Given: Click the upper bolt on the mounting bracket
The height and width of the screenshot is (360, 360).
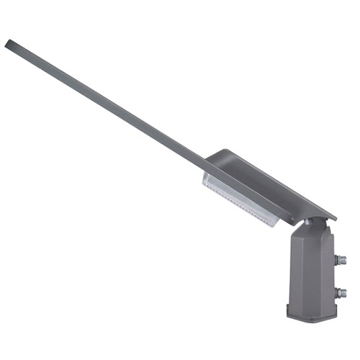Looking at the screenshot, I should click(x=341, y=260).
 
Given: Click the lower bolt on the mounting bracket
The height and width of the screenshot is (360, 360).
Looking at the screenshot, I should click(x=341, y=292).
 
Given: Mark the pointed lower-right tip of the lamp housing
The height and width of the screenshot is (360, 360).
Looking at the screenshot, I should click(x=334, y=218).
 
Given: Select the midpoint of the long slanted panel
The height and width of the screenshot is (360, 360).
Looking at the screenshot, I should click(x=108, y=101).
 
